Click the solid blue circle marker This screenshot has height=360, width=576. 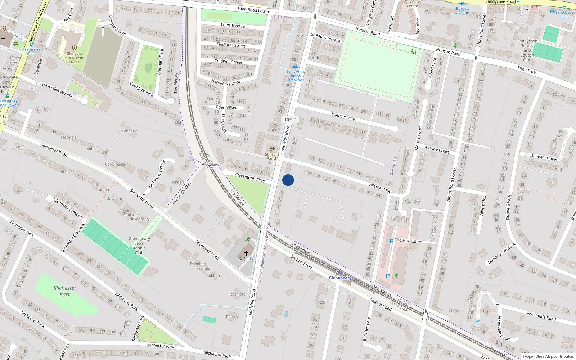(288, 180)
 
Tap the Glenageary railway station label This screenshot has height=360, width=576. (340, 278)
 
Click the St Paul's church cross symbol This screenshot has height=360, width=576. (246, 253)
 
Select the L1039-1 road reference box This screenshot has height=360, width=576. (289, 120)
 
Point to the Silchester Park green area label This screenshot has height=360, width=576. (65, 291)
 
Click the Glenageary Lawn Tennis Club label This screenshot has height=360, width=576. (139, 246)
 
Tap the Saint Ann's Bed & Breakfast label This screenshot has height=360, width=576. (296, 76)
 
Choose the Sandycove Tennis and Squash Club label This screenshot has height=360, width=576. (527, 50)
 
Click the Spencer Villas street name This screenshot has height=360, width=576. (344, 116)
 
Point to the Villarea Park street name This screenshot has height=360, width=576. (379, 188)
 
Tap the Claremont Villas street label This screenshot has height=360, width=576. (250, 177)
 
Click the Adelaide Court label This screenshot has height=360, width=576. (408, 240)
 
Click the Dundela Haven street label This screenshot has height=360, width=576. (544, 157)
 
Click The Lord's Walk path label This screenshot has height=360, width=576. (182, 193)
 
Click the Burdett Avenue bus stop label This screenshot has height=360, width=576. (463, 10)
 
